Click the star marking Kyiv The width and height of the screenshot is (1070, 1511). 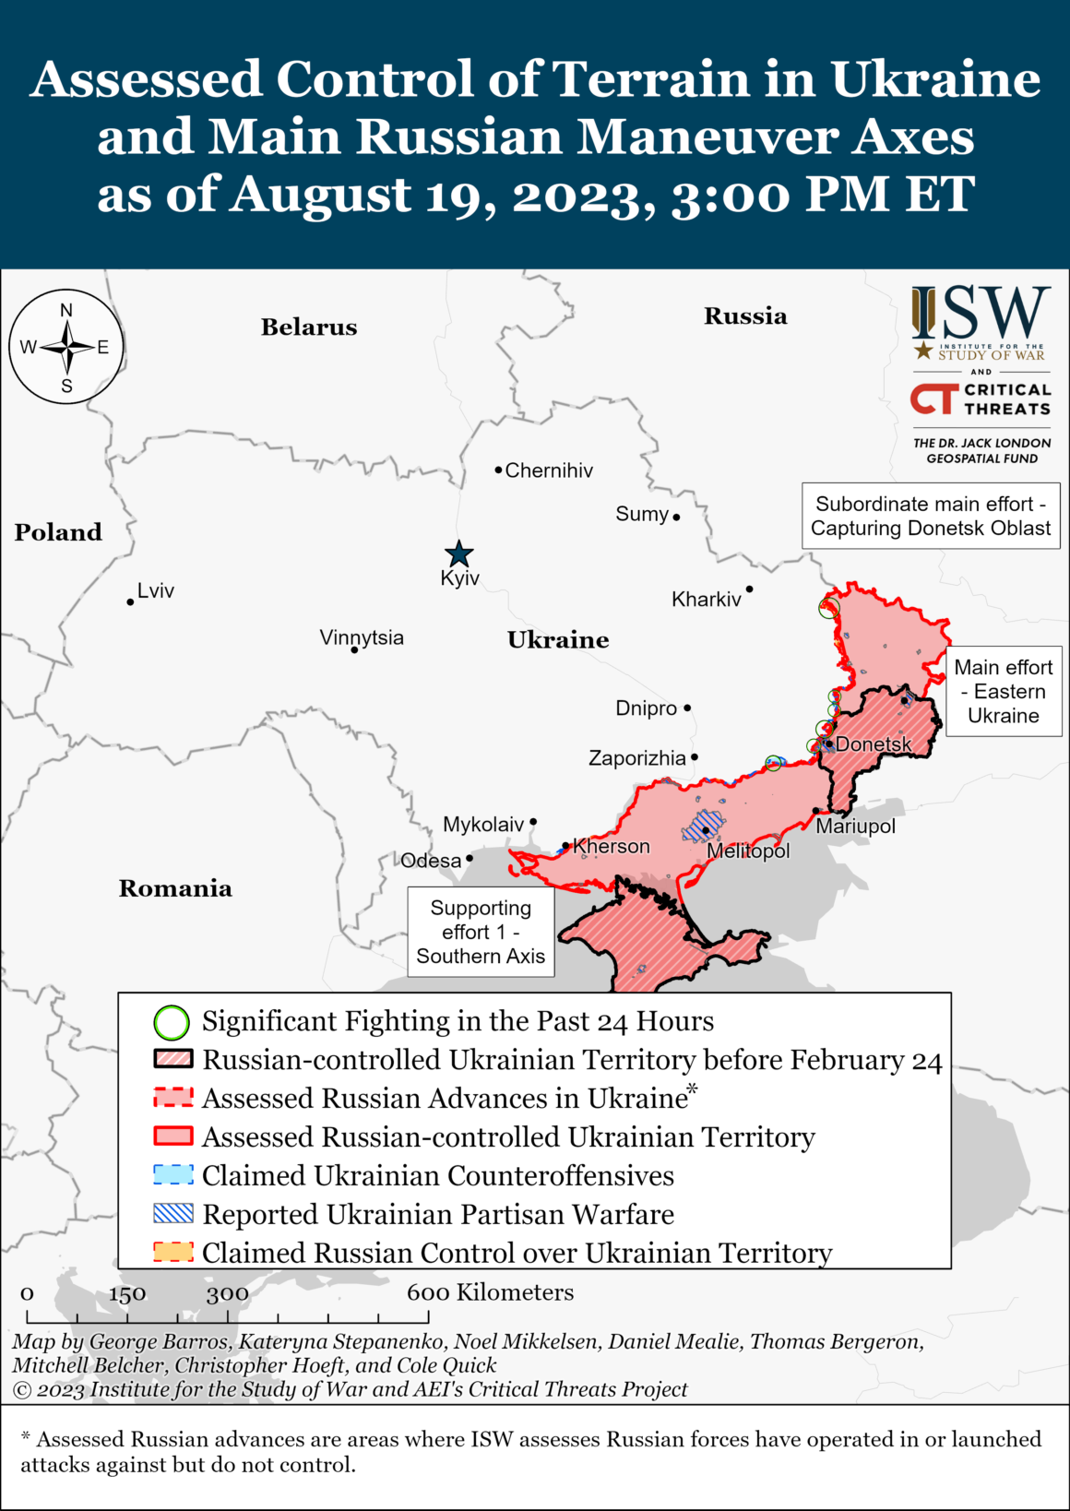click(458, 554)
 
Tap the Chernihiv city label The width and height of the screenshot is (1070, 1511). click(549, 470)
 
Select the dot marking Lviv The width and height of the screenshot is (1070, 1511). click(130, 602)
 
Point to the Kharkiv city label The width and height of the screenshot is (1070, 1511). click(706, 600)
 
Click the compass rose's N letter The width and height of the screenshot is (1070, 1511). click(66, 311)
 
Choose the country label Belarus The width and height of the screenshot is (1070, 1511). click(308, 327)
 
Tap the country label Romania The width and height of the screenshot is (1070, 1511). click(175, 888)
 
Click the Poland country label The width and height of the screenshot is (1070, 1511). click(58, 532)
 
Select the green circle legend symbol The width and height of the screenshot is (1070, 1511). click(172, 1022)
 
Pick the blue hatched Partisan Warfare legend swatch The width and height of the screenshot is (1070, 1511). click(173, 1214)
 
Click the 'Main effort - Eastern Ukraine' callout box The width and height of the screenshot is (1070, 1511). click(1003, 692)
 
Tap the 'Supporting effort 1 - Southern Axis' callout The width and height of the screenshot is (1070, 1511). click(481, 932)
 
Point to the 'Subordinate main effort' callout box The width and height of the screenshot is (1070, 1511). click(930, 517)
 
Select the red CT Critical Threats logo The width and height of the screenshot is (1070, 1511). click(933, 399)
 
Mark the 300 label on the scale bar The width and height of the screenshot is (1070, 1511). click(227, 1294)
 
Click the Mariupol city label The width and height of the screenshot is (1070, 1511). click(855, 826)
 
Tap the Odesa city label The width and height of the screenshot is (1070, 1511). click(431, 861)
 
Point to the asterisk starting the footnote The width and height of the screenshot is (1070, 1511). click(26, 1438)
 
